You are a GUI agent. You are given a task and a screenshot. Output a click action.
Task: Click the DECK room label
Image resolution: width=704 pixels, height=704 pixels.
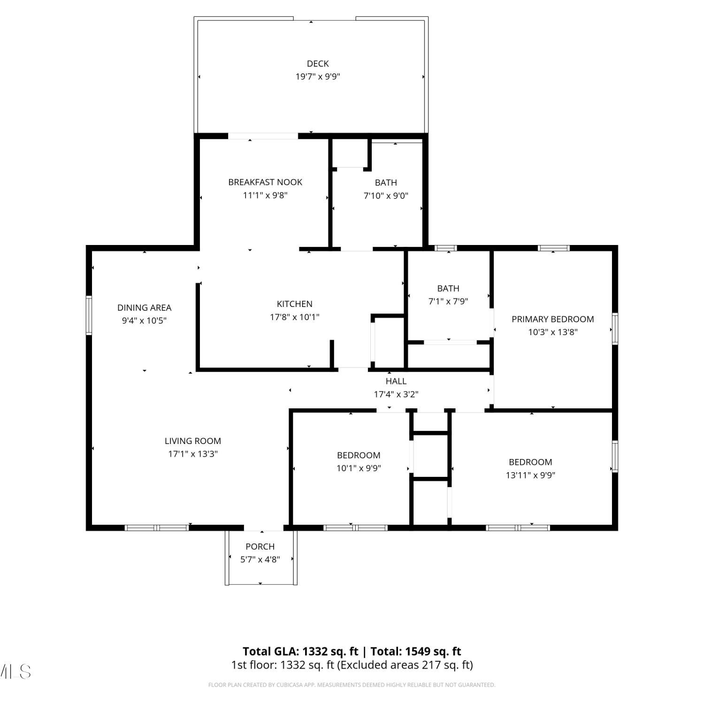318,63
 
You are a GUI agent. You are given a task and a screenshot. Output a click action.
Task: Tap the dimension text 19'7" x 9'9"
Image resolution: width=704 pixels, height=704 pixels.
318,77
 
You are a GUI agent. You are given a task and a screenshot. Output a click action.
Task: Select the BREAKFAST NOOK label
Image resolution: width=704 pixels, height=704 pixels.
265,182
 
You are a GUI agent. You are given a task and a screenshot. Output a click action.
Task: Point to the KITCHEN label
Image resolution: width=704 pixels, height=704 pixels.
295,304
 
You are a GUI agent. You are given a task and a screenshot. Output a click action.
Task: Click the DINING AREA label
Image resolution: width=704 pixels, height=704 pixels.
145,307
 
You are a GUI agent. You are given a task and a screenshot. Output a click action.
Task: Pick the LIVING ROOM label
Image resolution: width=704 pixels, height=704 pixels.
193,441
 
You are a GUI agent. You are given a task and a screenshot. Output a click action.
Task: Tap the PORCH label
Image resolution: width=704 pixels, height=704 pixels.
260,546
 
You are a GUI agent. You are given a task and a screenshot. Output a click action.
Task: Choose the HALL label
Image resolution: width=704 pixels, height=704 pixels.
396,381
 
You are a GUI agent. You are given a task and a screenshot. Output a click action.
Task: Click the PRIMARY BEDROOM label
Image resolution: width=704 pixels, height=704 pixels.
553,319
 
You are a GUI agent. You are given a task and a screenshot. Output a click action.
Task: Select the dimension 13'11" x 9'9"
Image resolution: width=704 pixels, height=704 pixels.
530,475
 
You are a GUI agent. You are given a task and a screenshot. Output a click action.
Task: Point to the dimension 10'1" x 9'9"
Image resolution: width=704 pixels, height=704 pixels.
359,468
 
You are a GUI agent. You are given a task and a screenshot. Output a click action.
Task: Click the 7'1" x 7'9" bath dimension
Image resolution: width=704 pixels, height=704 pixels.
448,301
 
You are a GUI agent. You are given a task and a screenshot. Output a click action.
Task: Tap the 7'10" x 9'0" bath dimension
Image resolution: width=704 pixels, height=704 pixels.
386,196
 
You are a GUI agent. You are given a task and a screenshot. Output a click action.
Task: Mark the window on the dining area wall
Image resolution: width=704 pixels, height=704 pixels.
89,315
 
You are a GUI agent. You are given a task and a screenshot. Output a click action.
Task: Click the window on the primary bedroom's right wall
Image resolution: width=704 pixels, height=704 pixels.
615,329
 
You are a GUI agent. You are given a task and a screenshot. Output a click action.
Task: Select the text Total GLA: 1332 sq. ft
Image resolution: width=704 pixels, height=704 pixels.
300,651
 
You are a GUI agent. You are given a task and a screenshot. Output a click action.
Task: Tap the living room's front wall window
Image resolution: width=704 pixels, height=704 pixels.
157,528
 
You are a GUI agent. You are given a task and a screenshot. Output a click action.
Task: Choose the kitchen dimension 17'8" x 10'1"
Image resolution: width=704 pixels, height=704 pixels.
295,317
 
